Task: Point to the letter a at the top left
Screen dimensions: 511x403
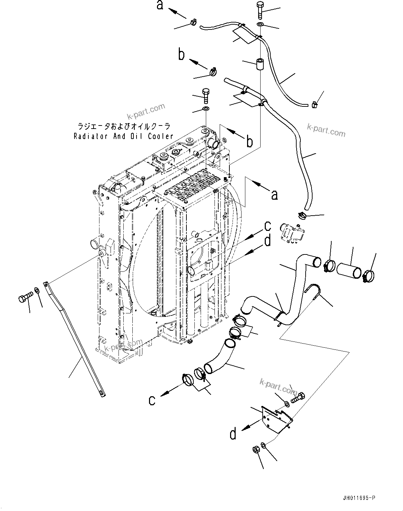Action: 160,5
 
